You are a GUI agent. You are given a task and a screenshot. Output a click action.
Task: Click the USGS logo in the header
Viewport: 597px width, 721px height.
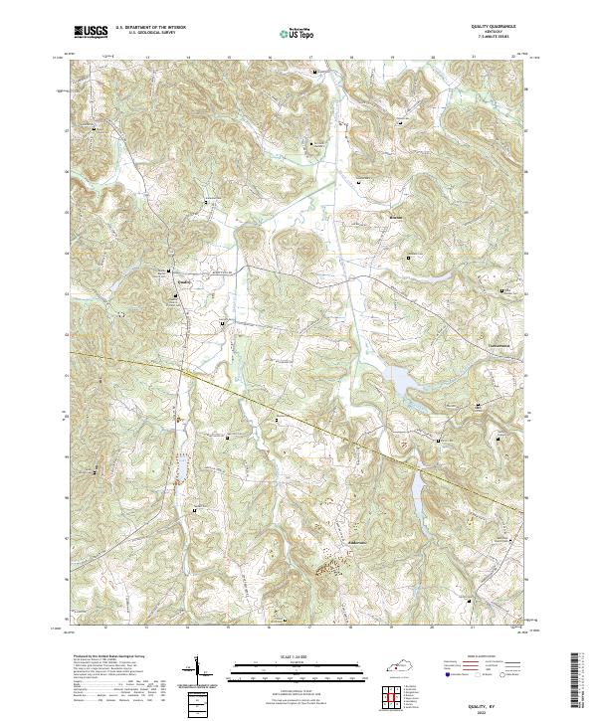pos(91,31)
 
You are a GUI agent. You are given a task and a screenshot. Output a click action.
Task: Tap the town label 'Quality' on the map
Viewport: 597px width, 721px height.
pos(183,280)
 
